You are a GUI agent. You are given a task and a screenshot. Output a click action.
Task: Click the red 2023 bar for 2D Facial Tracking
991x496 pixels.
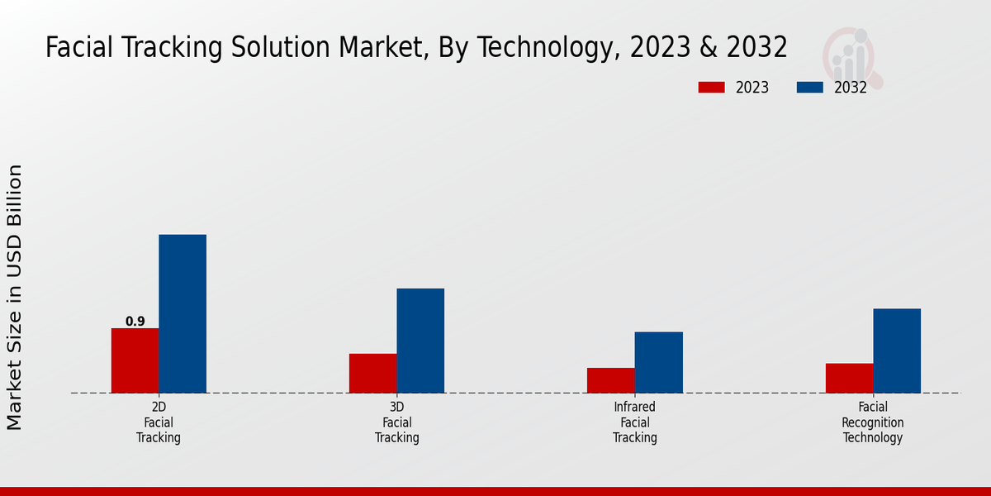point(135,360)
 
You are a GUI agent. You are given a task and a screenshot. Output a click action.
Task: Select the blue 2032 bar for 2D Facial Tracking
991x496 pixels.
point(183,314)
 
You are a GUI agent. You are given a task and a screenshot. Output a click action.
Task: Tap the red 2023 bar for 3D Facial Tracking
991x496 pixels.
point(372,374)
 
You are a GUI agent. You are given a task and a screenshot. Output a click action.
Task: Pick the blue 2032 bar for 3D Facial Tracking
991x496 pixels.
point(420,341)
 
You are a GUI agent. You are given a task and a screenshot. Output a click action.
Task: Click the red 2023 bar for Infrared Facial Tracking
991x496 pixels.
point(611,380)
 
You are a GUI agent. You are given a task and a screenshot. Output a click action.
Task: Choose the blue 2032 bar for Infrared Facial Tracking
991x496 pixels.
point(659,362)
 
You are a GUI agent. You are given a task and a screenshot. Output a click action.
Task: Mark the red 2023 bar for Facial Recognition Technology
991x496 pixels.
point(849,378)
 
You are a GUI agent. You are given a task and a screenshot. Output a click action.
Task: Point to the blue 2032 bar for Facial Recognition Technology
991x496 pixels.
point(897,351)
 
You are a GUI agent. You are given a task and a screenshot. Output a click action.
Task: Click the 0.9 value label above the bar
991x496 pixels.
point(135,322)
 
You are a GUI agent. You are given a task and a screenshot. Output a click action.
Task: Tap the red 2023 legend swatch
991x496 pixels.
point(711,88)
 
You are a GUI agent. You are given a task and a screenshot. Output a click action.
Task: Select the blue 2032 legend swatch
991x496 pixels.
point(809,88)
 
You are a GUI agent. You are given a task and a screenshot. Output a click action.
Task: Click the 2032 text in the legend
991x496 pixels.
point(851,88)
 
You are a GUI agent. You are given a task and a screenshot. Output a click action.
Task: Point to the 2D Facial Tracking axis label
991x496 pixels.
point(159,422)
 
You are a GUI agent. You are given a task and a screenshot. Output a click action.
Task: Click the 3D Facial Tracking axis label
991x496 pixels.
point(397,422)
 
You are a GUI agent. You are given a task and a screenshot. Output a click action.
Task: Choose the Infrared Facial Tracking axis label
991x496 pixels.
point(635,422)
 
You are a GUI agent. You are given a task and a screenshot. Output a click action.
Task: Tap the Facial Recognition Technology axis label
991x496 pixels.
point(873,422)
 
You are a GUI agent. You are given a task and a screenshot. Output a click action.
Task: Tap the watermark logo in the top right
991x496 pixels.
point(852,56)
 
